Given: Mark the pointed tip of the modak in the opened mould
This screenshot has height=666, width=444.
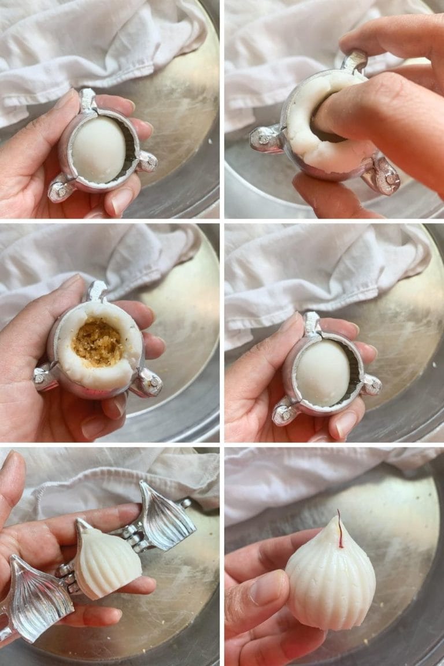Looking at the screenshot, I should [80, 523].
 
